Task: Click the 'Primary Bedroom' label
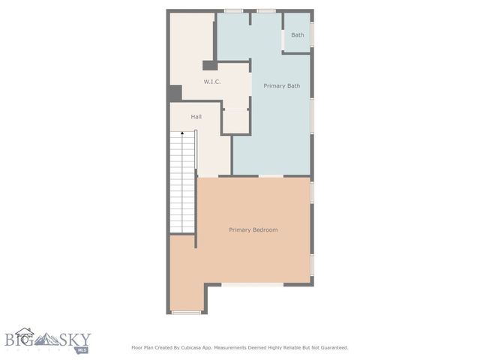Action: point(253,229)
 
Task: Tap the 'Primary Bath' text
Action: point(281,85)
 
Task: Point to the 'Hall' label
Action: point(196,116)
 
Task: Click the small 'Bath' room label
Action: point(298,34)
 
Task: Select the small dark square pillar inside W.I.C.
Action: point(209,65)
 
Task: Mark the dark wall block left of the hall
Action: point(174,93)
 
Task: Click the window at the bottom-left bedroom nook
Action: point(186,312)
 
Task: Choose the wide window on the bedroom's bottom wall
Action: point(252,284)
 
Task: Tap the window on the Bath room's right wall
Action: point(312,34)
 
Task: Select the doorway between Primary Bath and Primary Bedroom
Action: point(271,176)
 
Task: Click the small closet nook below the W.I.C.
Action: point(235,121)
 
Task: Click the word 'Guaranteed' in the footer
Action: point(332,347)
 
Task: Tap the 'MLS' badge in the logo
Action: point(82,349)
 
